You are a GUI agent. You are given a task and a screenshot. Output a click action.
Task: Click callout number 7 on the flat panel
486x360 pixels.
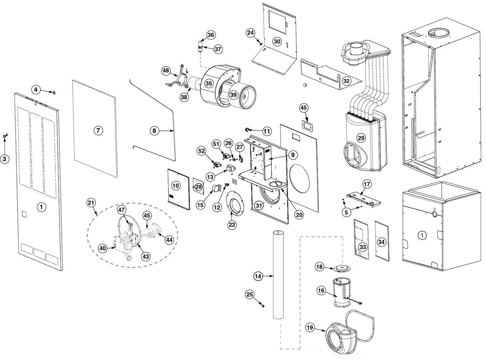[98, 130]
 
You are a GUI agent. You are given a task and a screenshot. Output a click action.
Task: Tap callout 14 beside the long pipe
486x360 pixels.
[258, 276]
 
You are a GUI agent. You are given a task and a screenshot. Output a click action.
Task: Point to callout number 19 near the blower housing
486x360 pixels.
[310, 328]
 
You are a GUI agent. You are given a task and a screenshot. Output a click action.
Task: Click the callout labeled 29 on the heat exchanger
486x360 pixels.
[361, 138]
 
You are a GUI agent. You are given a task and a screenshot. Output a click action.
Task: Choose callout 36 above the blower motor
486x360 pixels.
[211, 35]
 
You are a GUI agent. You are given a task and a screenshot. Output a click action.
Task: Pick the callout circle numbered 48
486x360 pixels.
[166, 71]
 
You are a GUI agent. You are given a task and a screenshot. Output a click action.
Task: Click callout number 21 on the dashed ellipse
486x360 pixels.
[91, 203]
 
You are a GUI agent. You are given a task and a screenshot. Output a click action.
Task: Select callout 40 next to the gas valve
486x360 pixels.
[103, 248]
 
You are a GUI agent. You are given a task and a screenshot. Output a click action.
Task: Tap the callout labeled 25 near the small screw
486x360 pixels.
[249, 294]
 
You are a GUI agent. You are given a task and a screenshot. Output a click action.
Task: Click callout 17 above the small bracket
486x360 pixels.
[366, 185]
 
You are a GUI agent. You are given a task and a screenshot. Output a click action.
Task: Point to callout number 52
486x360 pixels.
[202, 151]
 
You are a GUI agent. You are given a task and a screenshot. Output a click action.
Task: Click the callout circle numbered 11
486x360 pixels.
[267, 131]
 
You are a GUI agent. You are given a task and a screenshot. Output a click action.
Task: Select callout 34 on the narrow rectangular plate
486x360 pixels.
[382, 242]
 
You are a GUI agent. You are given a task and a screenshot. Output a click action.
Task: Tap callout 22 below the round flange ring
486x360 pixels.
[232, 225]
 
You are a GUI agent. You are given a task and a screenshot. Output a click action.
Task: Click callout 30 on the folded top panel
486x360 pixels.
[277, 41]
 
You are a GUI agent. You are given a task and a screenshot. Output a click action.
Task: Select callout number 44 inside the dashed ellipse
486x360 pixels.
[169, 240]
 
